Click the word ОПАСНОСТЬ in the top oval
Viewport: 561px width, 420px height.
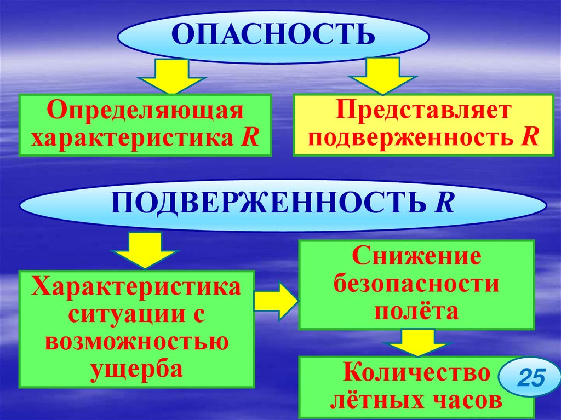tap(273, 34)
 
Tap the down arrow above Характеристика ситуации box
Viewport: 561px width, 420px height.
tap(145, 249)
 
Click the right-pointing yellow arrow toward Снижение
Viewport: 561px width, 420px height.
tap(276, 300)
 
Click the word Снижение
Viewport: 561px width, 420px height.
tap(416, 256)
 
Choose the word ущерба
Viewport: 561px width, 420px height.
tap(137, 369)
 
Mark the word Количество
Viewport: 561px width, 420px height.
tap(416, 374)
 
